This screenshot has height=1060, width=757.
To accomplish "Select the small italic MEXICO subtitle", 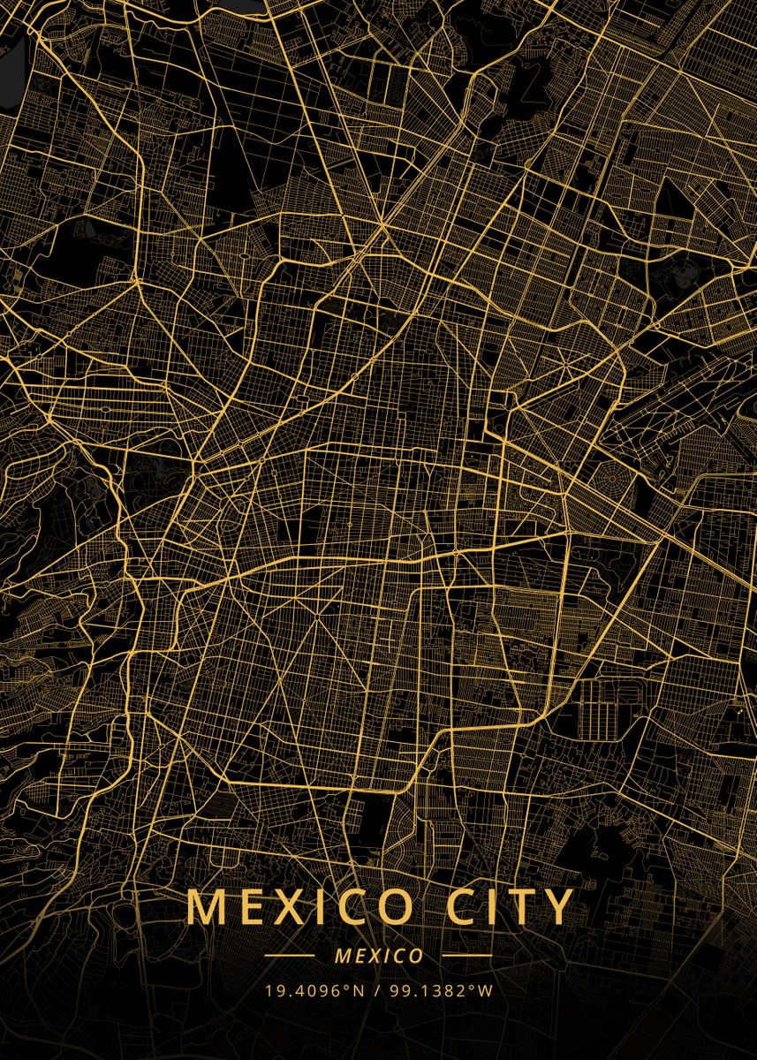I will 378,956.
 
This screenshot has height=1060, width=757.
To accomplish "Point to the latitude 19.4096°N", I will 314,990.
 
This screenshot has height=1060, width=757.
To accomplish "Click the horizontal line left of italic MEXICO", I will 290,956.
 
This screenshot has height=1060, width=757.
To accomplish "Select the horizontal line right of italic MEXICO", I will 466,956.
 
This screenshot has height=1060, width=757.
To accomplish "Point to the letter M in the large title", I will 206,907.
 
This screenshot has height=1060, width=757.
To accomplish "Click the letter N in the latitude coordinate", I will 359,990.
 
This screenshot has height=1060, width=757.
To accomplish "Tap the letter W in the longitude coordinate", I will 485,990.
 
